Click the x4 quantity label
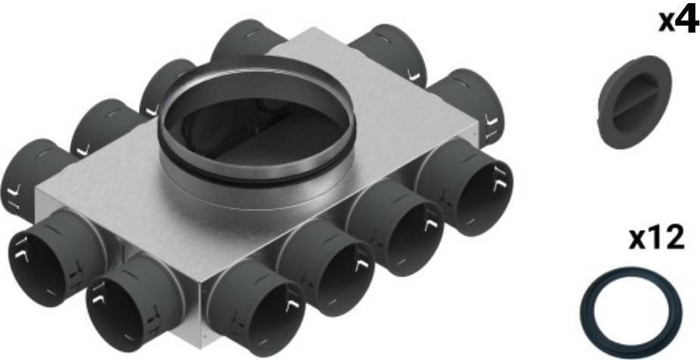pos(677,20)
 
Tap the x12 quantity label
pos(657,240)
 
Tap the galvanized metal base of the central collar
pos(249,189)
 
